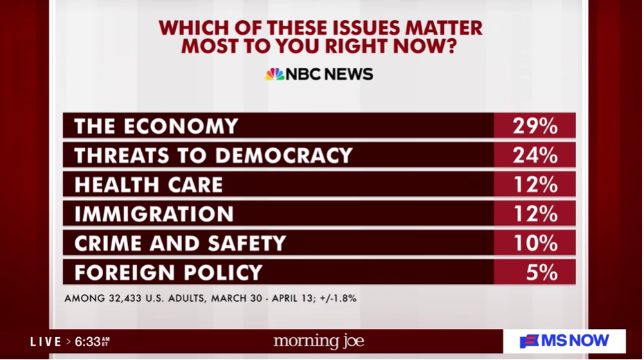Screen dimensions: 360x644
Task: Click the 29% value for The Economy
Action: pyautogui.click(x=535, y=126)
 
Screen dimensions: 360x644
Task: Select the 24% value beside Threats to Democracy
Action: pyautogui.click(x=535, y=155)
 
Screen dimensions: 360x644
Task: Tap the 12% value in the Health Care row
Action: pyautogui.click(x=535, y=185)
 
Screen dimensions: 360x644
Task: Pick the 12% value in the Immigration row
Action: pyautogui.click(x=535, y=214)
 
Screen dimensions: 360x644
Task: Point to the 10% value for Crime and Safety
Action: pyautogui.click(x=535, y=243)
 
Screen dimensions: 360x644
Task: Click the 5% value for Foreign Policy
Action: pyautogui.click(x=541, y=272)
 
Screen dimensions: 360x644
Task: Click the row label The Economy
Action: pyautogui.click(x=156, y=126)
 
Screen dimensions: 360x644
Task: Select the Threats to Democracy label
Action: pyautogui.click(x=213, y=155)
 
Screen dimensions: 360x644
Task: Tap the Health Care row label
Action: pyautogui.click(x=148, y=185)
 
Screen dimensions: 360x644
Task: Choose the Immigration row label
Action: pyautogui.click(x=154, y=214)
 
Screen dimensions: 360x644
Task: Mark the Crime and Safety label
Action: pyautogui.click(x=180, y=243)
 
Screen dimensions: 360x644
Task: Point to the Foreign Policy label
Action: pyautogui.click(x=168, y=272)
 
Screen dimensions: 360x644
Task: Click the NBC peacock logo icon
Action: pyautogui.click(x=274, y=74)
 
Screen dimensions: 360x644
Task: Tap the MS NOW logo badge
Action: pyautogui.click(x=565, y=341)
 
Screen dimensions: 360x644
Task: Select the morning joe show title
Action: pyautogui.click(x=319, y=341)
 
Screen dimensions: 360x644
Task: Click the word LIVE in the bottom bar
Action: pyautogui.click(x=46, y=341)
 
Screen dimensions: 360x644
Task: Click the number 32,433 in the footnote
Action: pyautogui.click(x=132, y=299)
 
